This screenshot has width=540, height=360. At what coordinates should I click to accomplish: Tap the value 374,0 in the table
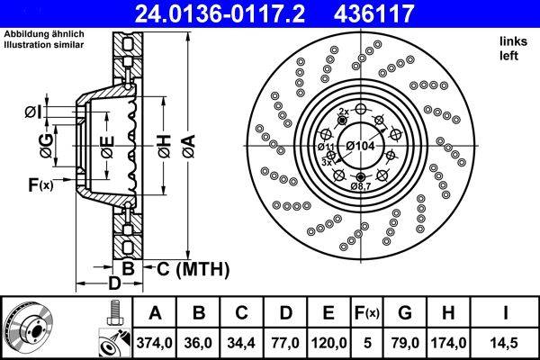154,342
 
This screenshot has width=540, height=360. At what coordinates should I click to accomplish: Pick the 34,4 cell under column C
240,342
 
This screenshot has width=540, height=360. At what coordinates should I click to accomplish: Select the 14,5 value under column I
507,342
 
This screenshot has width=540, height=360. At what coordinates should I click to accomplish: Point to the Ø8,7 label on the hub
361,185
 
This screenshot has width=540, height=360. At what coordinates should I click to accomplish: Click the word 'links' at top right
512,41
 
